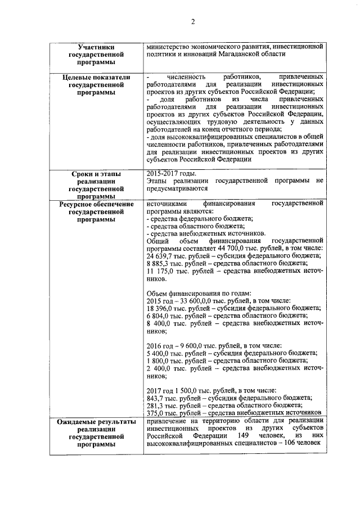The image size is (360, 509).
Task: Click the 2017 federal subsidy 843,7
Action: [154, 397]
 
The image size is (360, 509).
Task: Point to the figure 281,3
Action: [154, 404]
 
